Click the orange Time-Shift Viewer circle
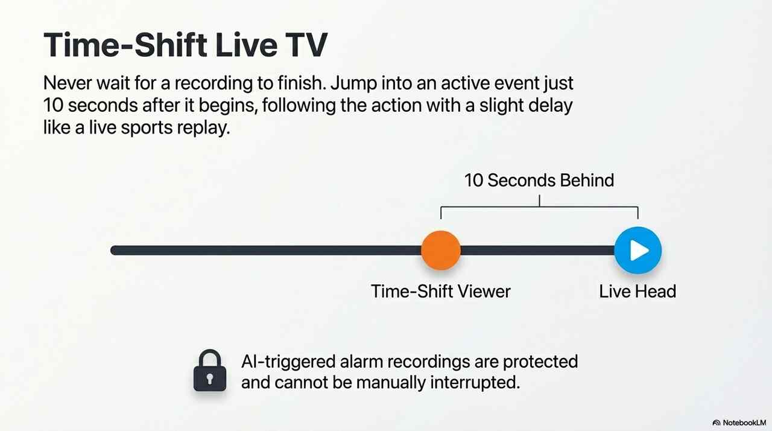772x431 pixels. coord(441,251)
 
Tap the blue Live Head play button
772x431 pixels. coord(638,251)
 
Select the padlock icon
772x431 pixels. coord(210,370)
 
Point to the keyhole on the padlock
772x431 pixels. coord(210,378)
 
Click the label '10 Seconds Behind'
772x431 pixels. coord(539,180)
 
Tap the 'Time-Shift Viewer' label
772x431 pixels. coord(441,292)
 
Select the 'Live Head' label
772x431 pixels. coord(638,292)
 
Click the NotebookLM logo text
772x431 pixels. coord(744,423)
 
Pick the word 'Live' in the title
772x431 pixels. coord(246,45)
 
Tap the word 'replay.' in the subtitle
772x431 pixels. coord(203,127)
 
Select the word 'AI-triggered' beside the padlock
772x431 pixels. coord(288,362)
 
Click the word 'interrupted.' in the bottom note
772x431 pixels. coord(475,383)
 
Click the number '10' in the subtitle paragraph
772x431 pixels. coord(53,105)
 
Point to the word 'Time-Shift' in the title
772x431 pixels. coord(125,45)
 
